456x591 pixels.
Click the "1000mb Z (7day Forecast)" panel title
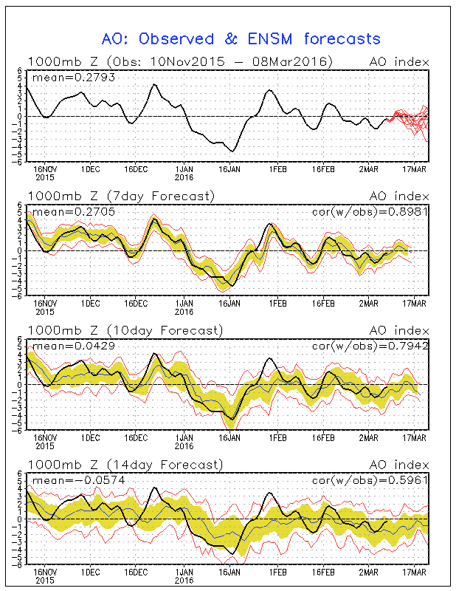click(x=121, y=196)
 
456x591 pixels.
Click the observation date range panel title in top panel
click(x=180, y=61)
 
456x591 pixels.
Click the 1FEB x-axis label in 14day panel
click(x=277, y=572)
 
